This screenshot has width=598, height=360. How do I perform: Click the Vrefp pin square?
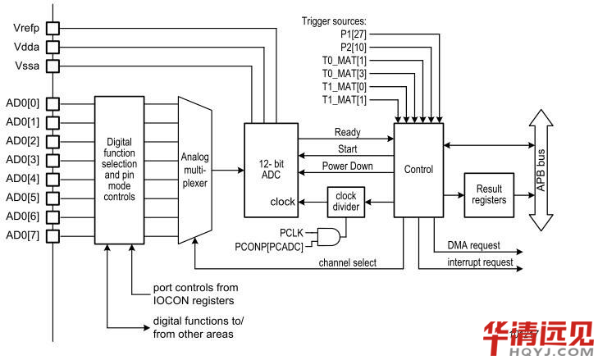pos(53,28)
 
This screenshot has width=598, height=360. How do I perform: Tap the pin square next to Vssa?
pos(53,66)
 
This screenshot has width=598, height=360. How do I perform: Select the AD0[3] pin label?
pos(22,159)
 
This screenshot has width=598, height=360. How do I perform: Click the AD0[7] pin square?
pos(53,237)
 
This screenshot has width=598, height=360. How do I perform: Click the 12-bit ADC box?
pos(270,170)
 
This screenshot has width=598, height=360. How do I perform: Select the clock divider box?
pos(345,202)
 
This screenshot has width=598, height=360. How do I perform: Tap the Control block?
pos(418,170)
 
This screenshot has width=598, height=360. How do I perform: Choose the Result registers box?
pos(490,195)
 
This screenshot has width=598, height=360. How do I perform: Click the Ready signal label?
pos(348,132)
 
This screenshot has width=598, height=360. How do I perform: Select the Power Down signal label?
pos(348,166)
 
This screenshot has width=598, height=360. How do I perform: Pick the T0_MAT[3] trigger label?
pos(345,74)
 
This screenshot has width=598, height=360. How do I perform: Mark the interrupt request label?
pos(481,262)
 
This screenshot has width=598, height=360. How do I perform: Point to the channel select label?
pos(348,262)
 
